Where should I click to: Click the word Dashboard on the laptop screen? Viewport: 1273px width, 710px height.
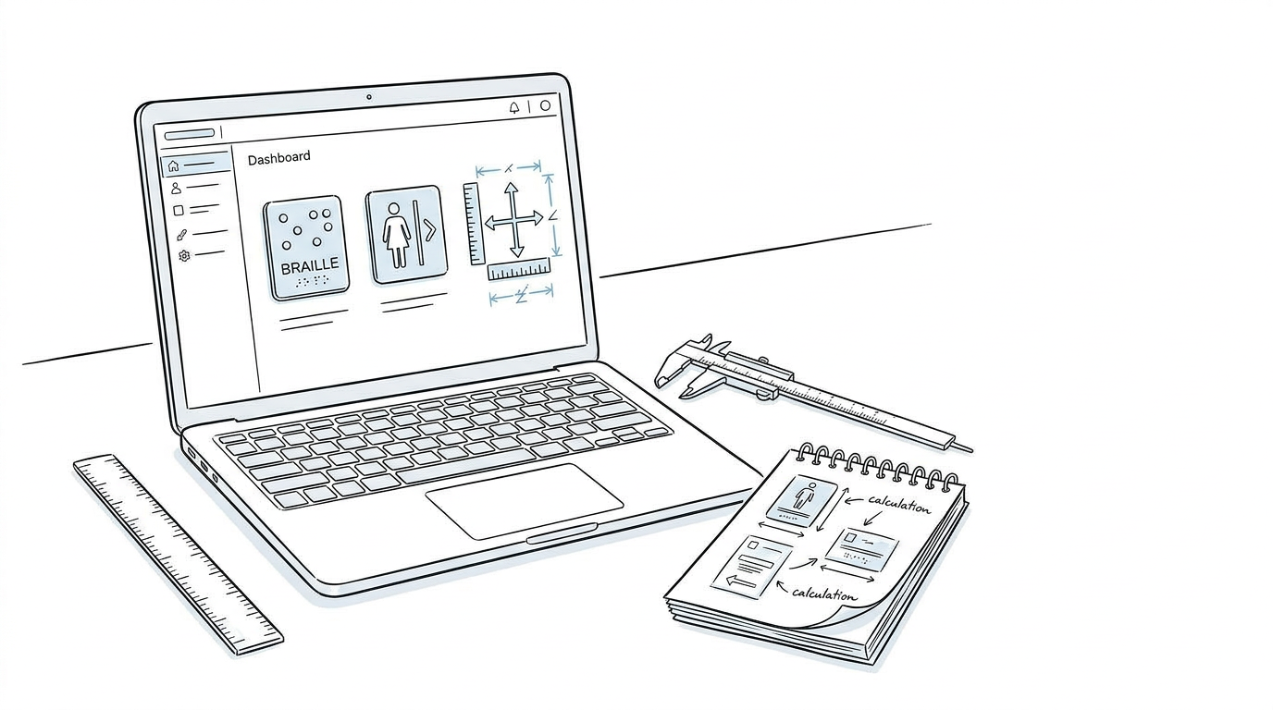(x=279, y=158)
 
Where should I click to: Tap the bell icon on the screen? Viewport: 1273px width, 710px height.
(x=514, y=107)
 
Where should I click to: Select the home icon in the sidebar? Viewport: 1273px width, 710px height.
(x=174, y=165)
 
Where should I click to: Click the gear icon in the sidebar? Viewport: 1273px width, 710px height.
(x=184, y=255)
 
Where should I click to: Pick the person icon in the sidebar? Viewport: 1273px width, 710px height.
(x=176, y=188)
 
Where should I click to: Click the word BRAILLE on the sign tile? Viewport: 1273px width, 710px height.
(x=310, y=265)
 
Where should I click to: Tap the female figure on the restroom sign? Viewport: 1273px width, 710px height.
(x=397, y=235)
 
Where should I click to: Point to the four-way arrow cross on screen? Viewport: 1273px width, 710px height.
(x=513, y=220)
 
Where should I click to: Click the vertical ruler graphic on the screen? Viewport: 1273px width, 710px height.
(x=474, y=223)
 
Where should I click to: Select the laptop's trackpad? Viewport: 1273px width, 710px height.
(x=524, y=500)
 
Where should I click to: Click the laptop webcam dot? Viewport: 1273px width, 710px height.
(x=369, y=97)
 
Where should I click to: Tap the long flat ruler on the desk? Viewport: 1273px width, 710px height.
(x=179, y=556)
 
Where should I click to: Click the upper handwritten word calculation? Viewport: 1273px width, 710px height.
(x=899, y=505)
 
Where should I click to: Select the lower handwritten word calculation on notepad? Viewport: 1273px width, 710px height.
(x=824, y=594)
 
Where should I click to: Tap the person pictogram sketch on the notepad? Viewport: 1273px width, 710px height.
(x=803, y=497)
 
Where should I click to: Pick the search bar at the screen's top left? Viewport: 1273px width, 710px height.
(x=190, y=134)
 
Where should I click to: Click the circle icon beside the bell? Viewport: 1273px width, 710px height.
(x=545, y=105)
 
